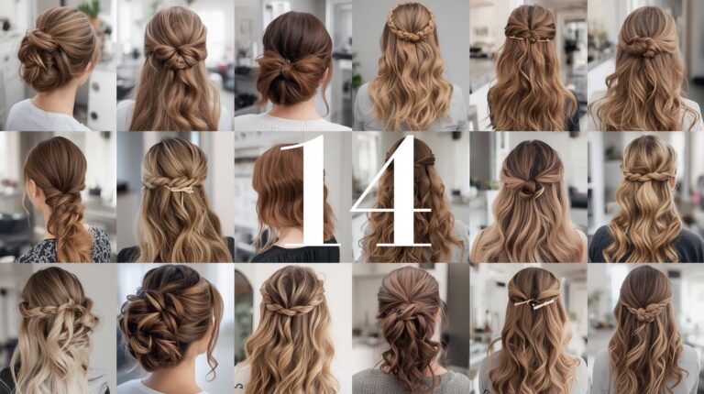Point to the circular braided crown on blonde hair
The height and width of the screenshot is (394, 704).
(410, 21)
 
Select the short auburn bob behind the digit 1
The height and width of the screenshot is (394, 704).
(275, 197)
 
